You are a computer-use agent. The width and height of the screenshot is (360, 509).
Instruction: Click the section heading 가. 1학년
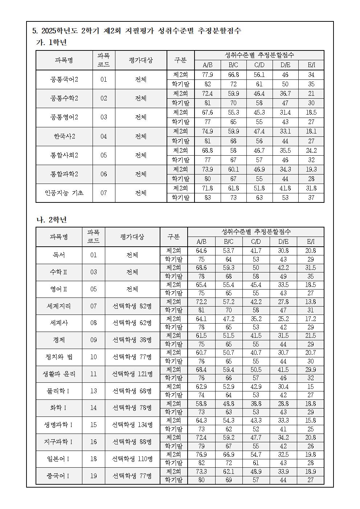click(x=51, y=42)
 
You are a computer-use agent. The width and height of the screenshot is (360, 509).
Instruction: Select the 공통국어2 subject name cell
click(x=64, y=79)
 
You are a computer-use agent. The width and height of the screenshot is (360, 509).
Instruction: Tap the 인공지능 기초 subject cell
click(x=64, y=193)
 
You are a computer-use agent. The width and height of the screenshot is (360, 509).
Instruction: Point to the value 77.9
click(x=207, y=75)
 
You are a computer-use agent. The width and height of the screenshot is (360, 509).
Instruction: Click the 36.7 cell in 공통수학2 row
click(x=285, y=94)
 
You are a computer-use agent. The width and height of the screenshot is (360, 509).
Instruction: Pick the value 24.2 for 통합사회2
click(x=311, y=150)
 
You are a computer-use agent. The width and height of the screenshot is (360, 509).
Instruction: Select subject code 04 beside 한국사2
click(x=104, y=136)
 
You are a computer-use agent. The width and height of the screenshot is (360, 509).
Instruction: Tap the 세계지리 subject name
click(x=59, y=306)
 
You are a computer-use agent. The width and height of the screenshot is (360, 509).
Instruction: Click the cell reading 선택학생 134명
click(x=132, y=424)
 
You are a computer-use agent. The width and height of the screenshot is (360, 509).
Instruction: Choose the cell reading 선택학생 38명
click(x=132, y=340)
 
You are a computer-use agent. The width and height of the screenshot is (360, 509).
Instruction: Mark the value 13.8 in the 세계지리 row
click(x=310, y=301)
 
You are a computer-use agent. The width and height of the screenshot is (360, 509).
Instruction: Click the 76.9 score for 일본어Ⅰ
click(x=201, y=454)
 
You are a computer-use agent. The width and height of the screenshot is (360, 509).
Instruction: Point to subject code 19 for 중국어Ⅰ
click(x=94, y=476)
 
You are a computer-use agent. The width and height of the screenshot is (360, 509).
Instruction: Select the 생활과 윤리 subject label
click(x=59, y=374)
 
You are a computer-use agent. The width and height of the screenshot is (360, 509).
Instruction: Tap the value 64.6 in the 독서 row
click(x=201, y=251)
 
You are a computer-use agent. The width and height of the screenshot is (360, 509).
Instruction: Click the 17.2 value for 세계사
click(x=310, y=319)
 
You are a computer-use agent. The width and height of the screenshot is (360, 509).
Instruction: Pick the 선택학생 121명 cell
click(x=132, y=374)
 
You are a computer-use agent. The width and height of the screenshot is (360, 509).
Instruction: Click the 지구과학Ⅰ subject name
click(x=59, y=442)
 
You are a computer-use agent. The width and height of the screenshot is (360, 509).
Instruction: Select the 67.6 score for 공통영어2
click(x=207, y=112)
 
